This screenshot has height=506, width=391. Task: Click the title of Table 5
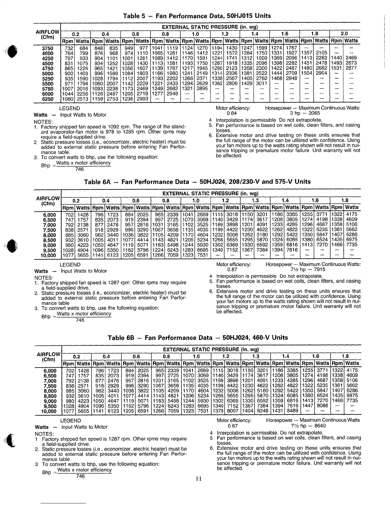(x=195, y=16)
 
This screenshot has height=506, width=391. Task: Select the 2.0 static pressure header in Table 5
(x=344, y=34)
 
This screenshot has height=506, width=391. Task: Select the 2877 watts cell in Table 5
(x=351, y=68)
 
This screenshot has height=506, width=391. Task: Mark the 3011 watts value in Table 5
(x=261, y=84)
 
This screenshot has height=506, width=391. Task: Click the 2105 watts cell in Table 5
(x=321, y=53)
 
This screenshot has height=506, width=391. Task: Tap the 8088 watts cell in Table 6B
(x=322, y=406)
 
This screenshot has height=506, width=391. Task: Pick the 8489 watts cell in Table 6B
(x=292, y=411)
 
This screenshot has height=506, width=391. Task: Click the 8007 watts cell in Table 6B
(x=232, y=411)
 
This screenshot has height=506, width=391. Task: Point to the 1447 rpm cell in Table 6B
(x=307, y=406)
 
